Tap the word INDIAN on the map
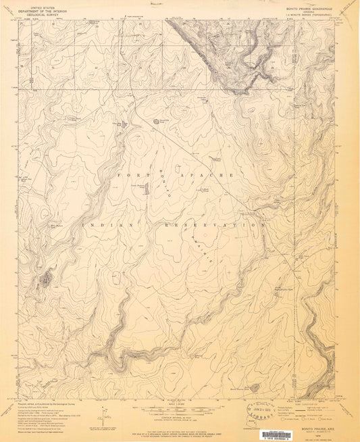[100, 223]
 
